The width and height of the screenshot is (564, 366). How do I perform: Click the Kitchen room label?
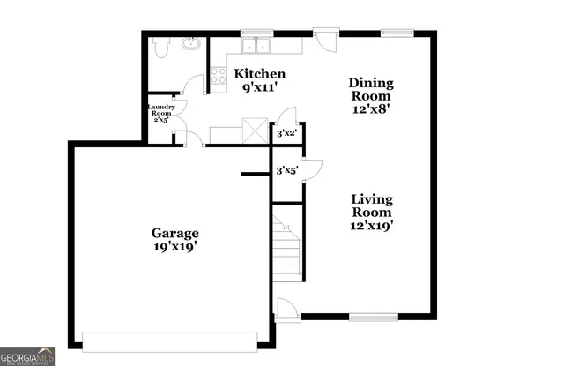tap(259, 74)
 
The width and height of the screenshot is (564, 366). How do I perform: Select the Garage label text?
tap(174, 233)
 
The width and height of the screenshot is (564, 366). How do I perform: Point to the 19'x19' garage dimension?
tap(174, 248)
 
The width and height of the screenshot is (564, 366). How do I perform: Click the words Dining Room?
tap(372, 90)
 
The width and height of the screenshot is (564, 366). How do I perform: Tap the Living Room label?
tap(372, 205)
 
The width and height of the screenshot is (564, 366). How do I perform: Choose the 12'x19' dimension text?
tap(372, 226)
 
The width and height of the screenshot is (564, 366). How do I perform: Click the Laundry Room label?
tap(160, 111)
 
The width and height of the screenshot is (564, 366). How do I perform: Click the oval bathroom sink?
tap(189, 43)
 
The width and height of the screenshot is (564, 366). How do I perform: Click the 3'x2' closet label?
tap(286, 134)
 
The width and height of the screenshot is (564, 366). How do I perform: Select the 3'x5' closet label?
tap(286, 170)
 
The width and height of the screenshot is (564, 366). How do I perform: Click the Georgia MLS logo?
tap(27, 355)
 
